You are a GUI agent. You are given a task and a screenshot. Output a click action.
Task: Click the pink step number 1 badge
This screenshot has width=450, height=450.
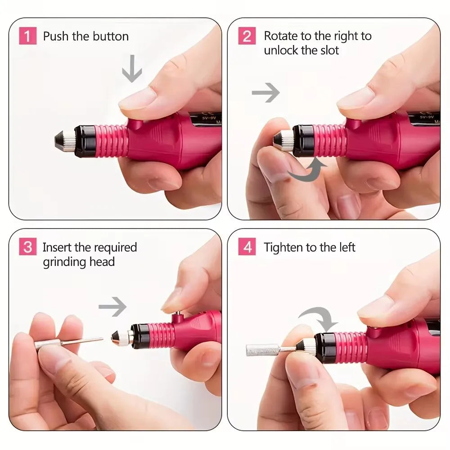tap(27, 36)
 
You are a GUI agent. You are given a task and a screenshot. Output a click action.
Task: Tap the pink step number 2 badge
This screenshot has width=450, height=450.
tap(247, 36)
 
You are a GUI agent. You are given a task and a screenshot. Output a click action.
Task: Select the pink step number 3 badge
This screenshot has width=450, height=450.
tap(27, 247)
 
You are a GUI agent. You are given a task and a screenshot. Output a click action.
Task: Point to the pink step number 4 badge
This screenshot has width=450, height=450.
tap(247, 247)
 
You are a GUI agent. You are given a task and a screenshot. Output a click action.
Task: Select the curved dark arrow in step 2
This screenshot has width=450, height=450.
tap(308, 171)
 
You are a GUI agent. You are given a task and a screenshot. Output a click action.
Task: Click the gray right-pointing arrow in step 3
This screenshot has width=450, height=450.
tap(112, 307)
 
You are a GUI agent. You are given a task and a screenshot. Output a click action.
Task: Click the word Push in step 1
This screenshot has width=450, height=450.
tap(57, 36)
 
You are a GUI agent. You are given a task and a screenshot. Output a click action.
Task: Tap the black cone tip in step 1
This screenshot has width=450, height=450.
tap(62, 141)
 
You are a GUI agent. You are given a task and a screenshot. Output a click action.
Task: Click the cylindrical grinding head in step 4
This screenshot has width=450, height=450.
tap(261, 350)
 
